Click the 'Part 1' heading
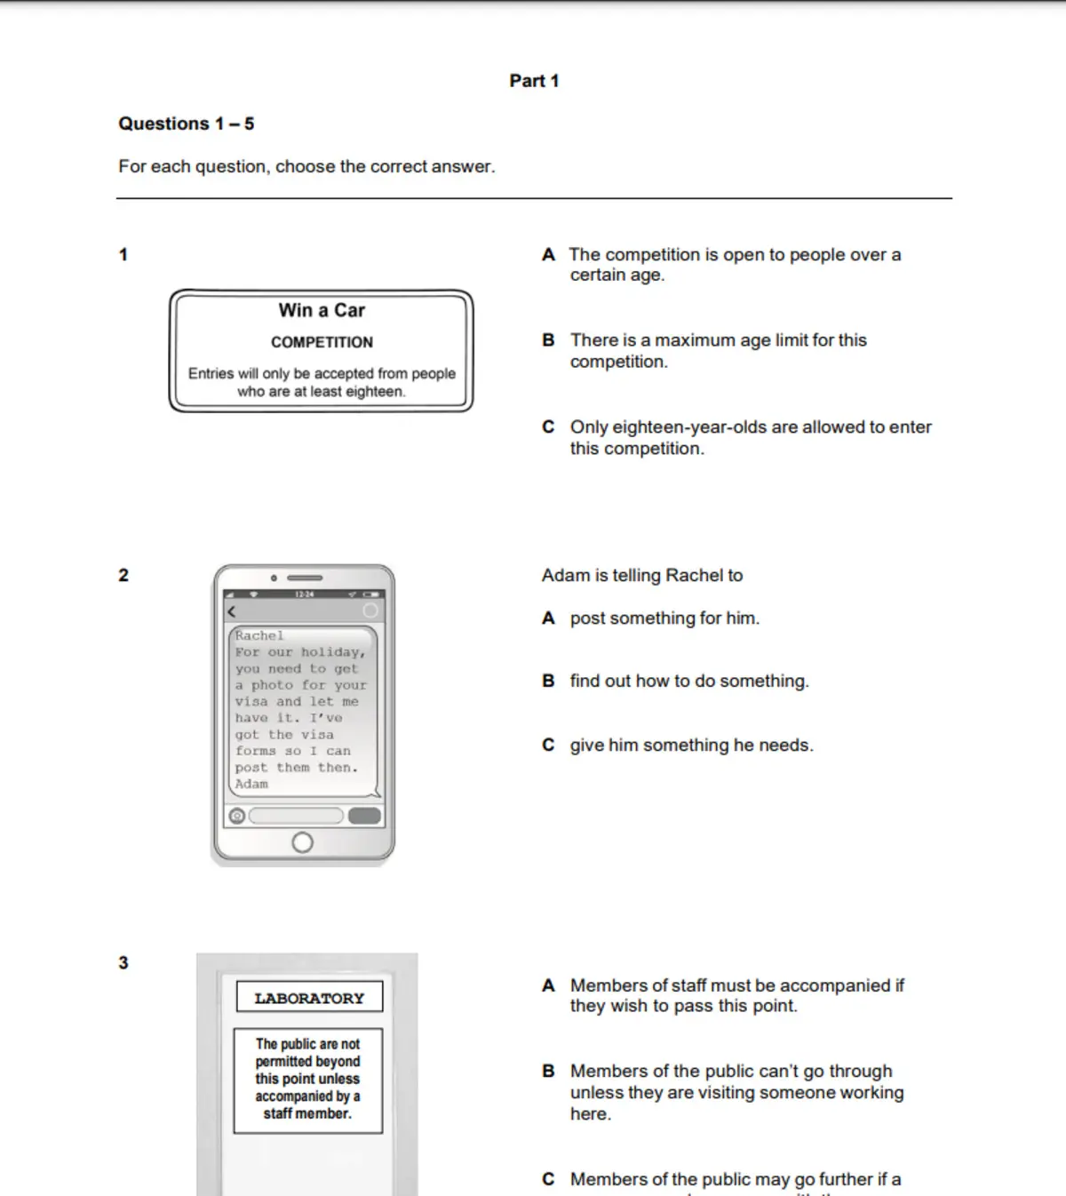(x=534, y=81)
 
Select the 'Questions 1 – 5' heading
(x=187, y=124)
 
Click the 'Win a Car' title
(x=322, y=310)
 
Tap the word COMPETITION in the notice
(x=322, y=342)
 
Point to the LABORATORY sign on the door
(x=309, y=998)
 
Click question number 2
(x=123, y=575)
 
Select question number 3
(x=123, y=962)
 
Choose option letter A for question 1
(x=548, y=255)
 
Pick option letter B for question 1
(x=548, y=340)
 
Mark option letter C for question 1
(x=548, y=427)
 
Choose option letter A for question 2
(x=548, y=618)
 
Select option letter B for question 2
(x=548, y=682)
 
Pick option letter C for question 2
(x=548, y=746)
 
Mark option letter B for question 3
(x=548, y=1072)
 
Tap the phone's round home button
(x=302, y=841)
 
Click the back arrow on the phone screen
(x=232, y=611)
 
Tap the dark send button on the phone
(x=364, y=816)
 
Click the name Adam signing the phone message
(x=251, y=784)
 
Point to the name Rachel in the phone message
(x=259, y=635)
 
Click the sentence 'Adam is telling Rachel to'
(x=642, y=576)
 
